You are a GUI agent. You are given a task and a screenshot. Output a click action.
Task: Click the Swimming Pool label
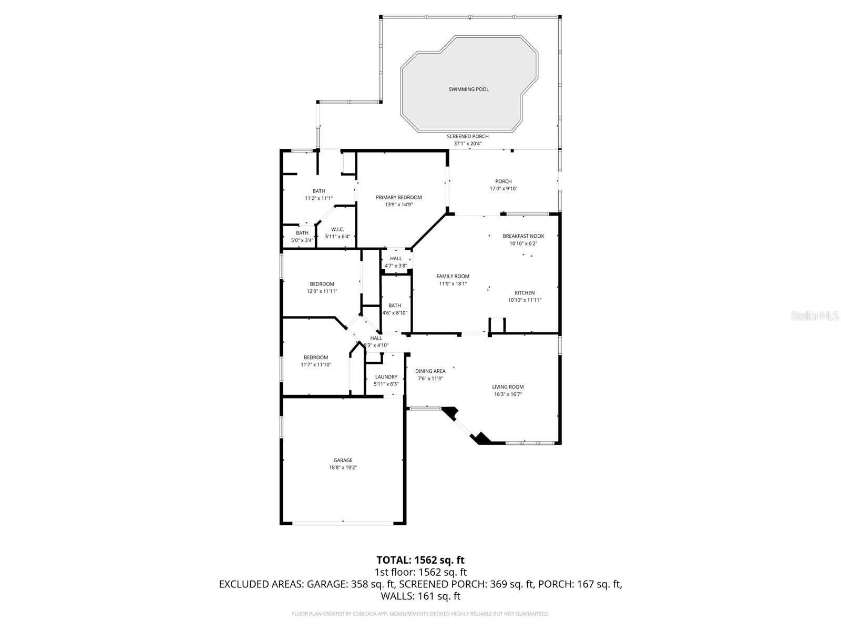pos(468,89)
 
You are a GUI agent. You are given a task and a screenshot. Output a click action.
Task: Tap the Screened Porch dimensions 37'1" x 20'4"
pos(468,144)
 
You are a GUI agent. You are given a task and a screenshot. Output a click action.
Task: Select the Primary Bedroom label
pos(398,198)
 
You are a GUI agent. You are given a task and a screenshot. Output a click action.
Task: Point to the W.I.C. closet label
pos(337,229)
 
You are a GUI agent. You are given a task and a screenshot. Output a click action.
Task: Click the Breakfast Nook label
pos(523,236)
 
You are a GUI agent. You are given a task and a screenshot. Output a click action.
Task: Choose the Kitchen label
pos(524,293)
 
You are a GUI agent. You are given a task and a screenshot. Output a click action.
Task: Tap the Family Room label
pos(453,276)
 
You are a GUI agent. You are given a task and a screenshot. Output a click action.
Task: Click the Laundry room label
pos(386,377)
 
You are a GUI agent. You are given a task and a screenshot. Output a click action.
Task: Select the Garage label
pos(343,460)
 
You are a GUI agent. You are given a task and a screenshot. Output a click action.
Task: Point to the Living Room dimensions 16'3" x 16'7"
pos(507,394)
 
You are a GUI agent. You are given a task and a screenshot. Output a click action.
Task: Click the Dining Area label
pos(430,371)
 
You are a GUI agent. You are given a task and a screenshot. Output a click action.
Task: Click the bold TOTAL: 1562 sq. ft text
pos(420,560)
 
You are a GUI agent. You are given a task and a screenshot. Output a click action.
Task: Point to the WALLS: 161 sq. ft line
pos(420,596)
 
